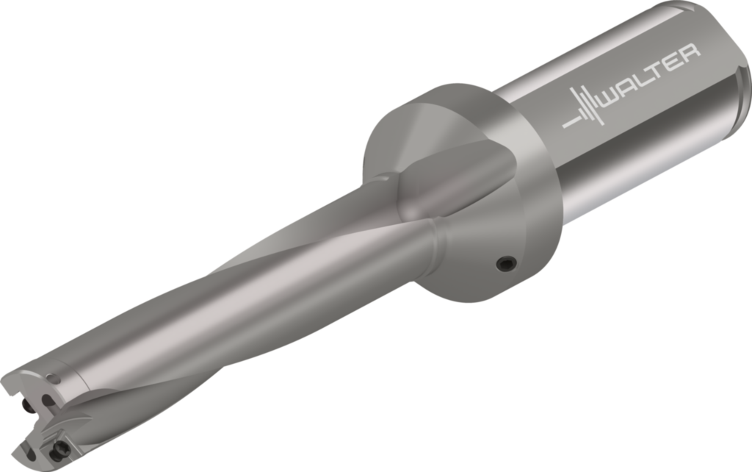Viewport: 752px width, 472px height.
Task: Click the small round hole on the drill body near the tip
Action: click(x=54, y=380)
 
